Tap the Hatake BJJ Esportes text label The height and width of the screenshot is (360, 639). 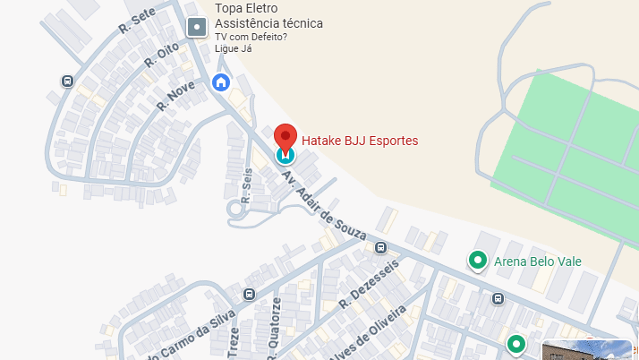tap(360, 141)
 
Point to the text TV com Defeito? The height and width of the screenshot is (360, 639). tap(251, 38)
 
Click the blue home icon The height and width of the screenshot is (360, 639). tap(221, 82)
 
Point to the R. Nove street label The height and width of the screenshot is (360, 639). tap(176, 94)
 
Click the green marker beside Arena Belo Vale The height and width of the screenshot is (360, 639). tap(478, 261)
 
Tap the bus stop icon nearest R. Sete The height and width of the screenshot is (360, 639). tap(67, 81)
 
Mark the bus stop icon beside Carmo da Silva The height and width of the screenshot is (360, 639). tap(248, 296)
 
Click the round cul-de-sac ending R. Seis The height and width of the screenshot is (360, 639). tap(237, 209)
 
